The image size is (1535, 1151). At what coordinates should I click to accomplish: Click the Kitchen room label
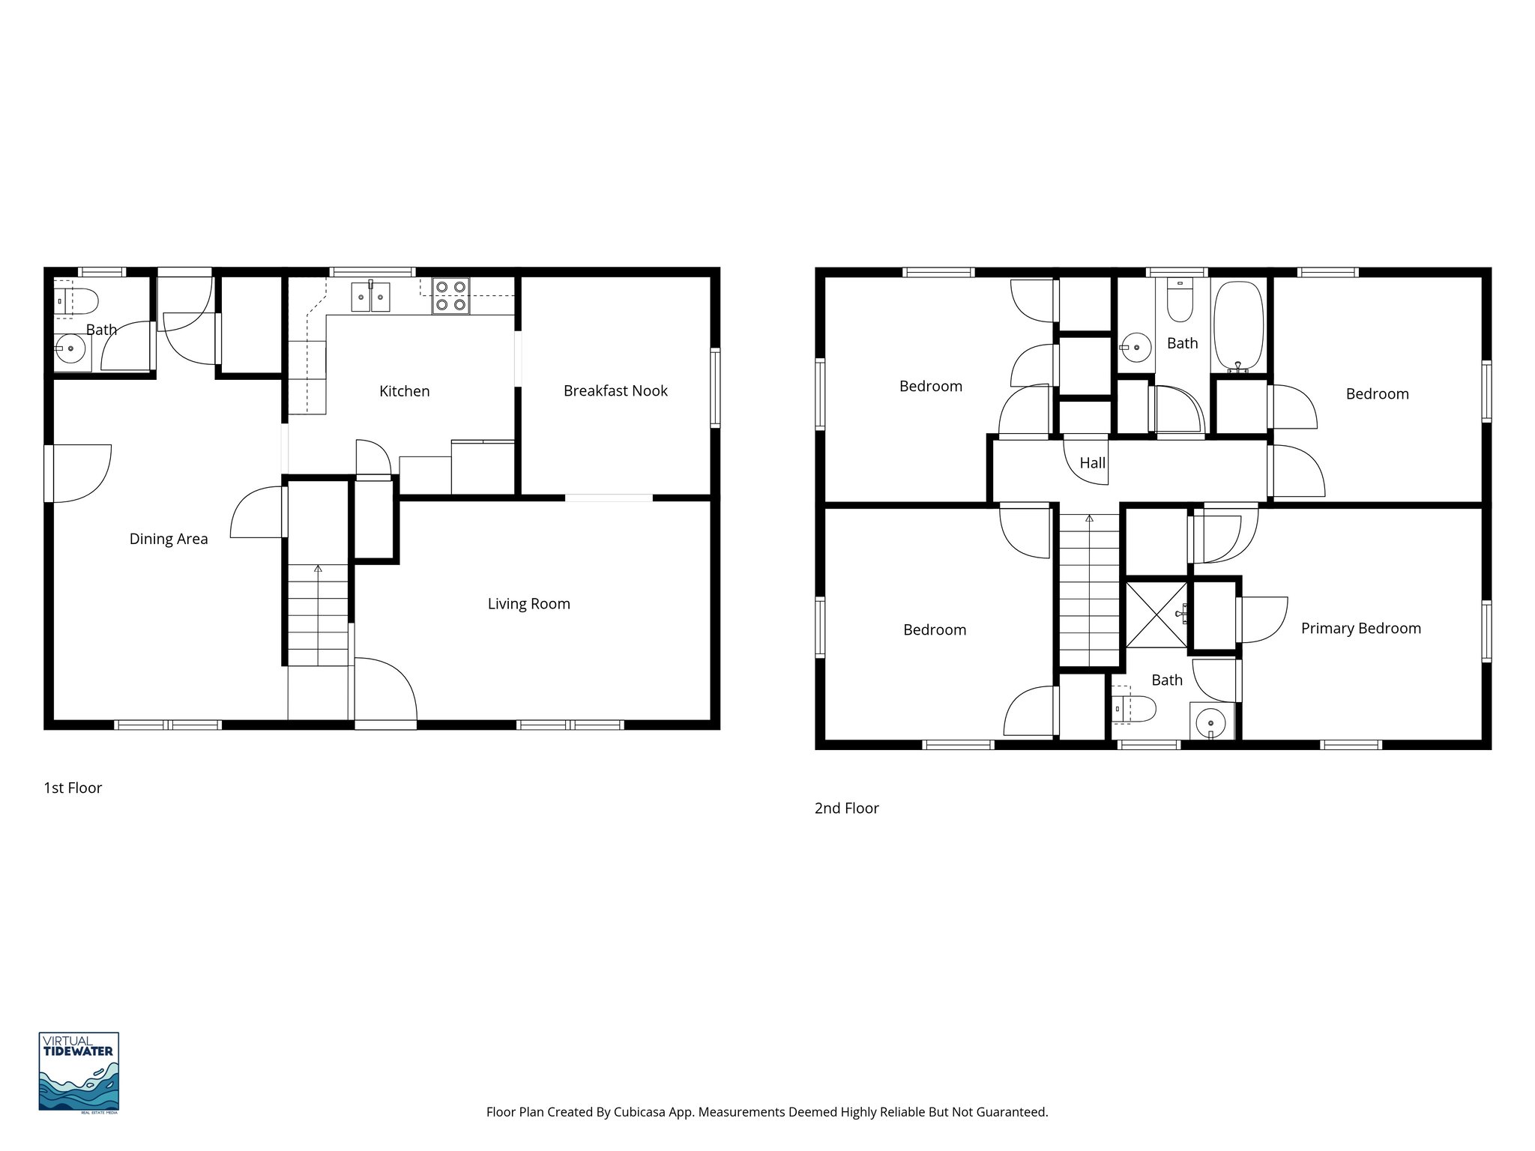coord(404,391)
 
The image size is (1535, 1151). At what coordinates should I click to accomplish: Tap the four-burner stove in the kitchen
coord(450,295)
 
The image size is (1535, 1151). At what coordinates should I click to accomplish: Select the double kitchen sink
coord(371,297)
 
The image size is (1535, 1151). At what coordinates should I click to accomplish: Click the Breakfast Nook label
coord(615,390)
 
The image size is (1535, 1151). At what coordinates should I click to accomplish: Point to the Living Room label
coord(528,604)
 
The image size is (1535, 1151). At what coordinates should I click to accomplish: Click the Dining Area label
coord(169,539)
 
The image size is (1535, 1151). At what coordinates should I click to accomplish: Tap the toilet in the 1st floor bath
coord(76,301)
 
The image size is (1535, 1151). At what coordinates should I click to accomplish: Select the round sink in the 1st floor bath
coord(72,349)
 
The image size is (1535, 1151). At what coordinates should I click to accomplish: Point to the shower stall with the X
coord(1156,614)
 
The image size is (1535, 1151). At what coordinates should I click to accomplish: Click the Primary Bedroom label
coord(1360,629)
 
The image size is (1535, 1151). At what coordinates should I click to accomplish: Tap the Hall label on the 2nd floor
coord(1092,463)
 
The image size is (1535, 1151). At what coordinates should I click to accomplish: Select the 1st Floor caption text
coord(73,788)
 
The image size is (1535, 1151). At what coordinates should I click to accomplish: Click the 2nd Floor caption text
coord(846,808)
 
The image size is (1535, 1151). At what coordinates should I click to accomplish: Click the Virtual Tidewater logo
coord(79,1072)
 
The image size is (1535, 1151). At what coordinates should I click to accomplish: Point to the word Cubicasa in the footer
coord(641,1112)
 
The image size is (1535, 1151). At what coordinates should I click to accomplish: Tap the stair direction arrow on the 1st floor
coord(318,569)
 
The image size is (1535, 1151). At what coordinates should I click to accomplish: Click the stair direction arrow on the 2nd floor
coord(1089,519)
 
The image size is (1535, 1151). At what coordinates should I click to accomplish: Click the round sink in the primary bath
coord(1210,723)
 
